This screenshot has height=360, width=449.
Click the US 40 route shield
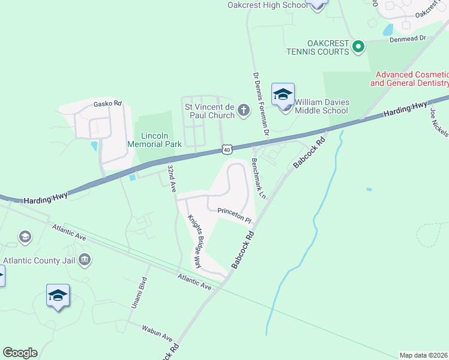tap(226, 148)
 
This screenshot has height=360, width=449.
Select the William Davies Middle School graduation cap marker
tap(283, 95)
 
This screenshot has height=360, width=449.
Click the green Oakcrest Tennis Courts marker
tap(358, 46)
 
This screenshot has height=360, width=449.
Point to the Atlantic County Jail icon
tap(85, 260)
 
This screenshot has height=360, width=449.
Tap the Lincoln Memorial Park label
tap(154, 140)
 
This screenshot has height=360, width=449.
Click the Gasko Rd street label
tap(107, 104)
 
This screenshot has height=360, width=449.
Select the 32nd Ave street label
tap(172, 178)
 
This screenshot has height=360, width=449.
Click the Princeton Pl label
tap(234, 215)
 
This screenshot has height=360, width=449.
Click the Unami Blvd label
tap(139, 293)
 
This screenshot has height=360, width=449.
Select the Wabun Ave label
tap(157, 333)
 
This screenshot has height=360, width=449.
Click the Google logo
tap(20, 353)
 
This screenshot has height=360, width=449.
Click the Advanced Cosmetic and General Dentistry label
tap(409, 79)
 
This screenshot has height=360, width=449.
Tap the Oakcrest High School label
tap(267, 5)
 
